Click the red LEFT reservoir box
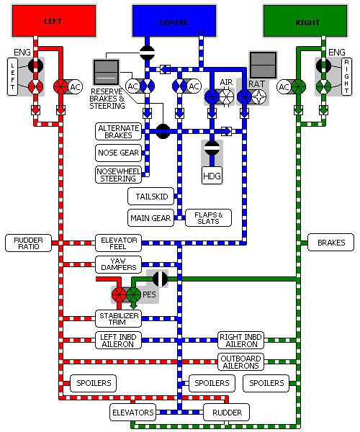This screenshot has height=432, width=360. point(54,21)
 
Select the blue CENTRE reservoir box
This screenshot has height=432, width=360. point(174,21)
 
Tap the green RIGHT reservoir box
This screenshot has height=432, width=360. point(305,21)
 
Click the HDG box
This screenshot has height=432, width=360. point(212,176)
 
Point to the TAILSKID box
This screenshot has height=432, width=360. point(151,196)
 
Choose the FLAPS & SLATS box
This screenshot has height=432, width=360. point(209,218)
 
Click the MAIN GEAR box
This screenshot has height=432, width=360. point(151,218)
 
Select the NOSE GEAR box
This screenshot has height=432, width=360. point(118,153)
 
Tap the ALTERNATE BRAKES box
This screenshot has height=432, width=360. point(118,132)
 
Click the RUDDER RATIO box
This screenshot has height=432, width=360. point(28,243)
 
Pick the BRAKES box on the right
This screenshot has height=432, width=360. point(330,243)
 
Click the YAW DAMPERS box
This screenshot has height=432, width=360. point(118,264)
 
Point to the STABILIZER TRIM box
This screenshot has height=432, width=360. point(118,319)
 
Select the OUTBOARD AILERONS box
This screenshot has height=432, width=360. point(240,361)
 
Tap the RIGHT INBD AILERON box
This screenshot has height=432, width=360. point(240,341)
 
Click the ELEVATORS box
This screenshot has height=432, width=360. point(132,413)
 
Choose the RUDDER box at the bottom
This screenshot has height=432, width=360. point(227,413)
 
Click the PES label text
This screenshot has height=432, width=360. point(149,294)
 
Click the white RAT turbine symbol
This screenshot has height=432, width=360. point(259,97)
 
